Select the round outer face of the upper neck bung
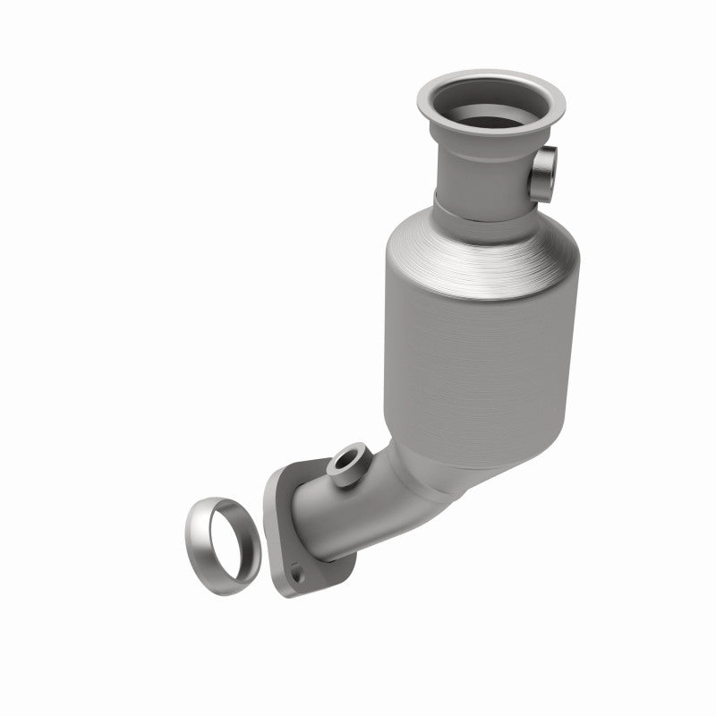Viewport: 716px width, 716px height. click(546, 167)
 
